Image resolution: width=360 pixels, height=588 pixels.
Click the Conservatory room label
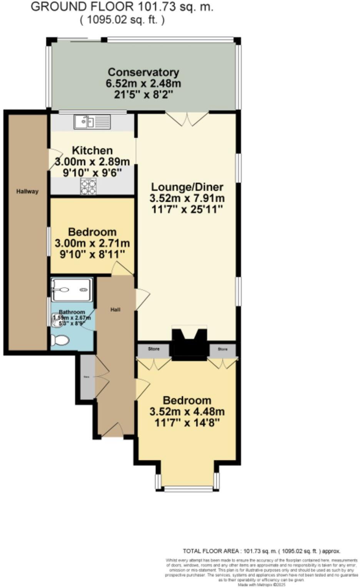[143, 72]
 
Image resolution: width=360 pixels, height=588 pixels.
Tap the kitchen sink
[92, 122]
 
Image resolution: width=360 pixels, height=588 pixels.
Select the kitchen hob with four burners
[88, 187]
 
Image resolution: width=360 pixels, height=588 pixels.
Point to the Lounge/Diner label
[187, 187]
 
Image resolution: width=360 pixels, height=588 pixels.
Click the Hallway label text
[27, 191]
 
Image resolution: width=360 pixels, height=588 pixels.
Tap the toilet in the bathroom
[60, 340]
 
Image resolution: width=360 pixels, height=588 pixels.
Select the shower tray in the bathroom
[71, 289]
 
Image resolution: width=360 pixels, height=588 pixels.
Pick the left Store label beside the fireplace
[154, 349]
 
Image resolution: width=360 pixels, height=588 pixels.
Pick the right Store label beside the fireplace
[223, 349]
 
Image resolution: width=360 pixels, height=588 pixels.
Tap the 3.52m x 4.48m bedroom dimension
[187, 411]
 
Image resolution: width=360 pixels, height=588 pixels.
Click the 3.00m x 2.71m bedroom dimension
[92, 243]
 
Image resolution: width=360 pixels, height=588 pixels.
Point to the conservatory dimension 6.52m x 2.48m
[143, 83]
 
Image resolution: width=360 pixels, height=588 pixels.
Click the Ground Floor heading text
[122, 7]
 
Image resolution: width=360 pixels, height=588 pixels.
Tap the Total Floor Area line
[262, 551]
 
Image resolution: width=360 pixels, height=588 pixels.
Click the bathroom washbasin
[54, 319]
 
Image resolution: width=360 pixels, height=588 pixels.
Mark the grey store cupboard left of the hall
[87, 376]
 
